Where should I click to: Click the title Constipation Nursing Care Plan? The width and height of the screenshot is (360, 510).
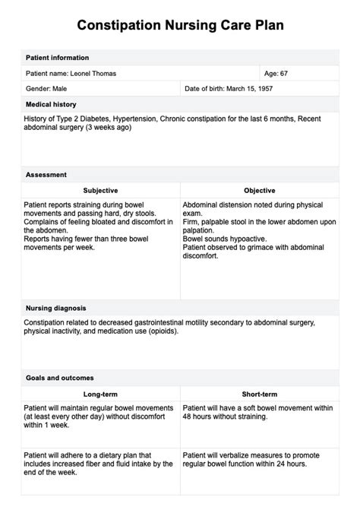(180, 26)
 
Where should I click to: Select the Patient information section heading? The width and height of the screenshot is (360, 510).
(57, 58)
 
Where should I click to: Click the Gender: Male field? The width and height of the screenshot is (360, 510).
(49, 89)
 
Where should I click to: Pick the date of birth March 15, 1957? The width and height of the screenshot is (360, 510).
(229, 89)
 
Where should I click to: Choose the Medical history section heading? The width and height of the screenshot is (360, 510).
(51, 104)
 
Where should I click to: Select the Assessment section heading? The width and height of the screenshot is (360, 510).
(46, 174)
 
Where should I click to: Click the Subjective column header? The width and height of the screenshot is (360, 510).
(100, 190)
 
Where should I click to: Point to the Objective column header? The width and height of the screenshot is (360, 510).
(259, 190)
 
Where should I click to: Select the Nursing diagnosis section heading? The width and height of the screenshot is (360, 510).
(55, 308)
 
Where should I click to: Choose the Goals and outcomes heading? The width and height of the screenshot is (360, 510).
(59, 378)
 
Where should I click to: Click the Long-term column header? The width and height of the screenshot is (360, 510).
(100, 394)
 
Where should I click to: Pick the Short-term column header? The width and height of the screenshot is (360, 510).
(259, 394)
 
